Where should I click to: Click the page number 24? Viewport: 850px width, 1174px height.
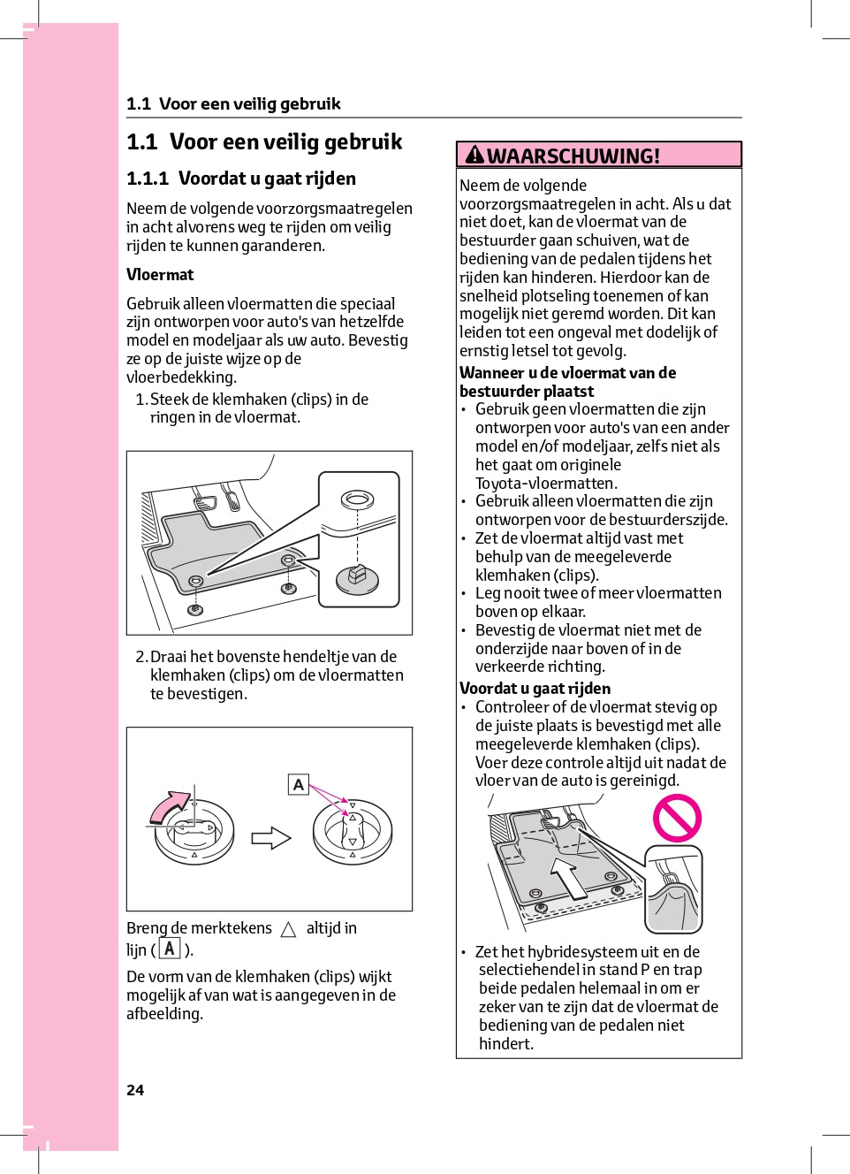(x=135, y=1090)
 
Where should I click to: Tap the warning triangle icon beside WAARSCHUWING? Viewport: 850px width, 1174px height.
(x=475, y=156)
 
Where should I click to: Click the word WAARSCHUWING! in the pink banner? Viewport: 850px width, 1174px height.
(x=573, y=156)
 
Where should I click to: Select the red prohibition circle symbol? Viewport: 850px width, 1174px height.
(x=677, y=818)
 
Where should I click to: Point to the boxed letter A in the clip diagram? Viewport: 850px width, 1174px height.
(x=299, y=784)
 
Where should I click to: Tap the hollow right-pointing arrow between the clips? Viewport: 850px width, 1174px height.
(x=271, y=837)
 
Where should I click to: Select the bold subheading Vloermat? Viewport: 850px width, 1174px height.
(x=160, y=275)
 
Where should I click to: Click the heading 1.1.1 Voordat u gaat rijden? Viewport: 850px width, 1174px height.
(x=241, y=179)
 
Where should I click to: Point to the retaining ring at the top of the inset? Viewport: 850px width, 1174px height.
(x=357, y=499)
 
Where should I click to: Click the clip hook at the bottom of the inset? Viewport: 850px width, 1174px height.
(x=358, y=577)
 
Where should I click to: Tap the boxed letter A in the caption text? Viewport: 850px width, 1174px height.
(x=169, y=949)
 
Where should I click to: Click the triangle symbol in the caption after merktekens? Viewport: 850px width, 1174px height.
(x=288, y=929)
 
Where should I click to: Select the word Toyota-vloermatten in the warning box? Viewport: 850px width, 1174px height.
(x=546, y=484)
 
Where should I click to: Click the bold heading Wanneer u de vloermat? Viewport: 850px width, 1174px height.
(x=567, y=373)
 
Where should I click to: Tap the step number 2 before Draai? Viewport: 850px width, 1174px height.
(x=140, y=657)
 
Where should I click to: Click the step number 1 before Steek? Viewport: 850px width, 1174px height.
(x=140, y=400)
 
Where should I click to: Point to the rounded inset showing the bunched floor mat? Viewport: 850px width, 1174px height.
(x=673, y=889)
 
